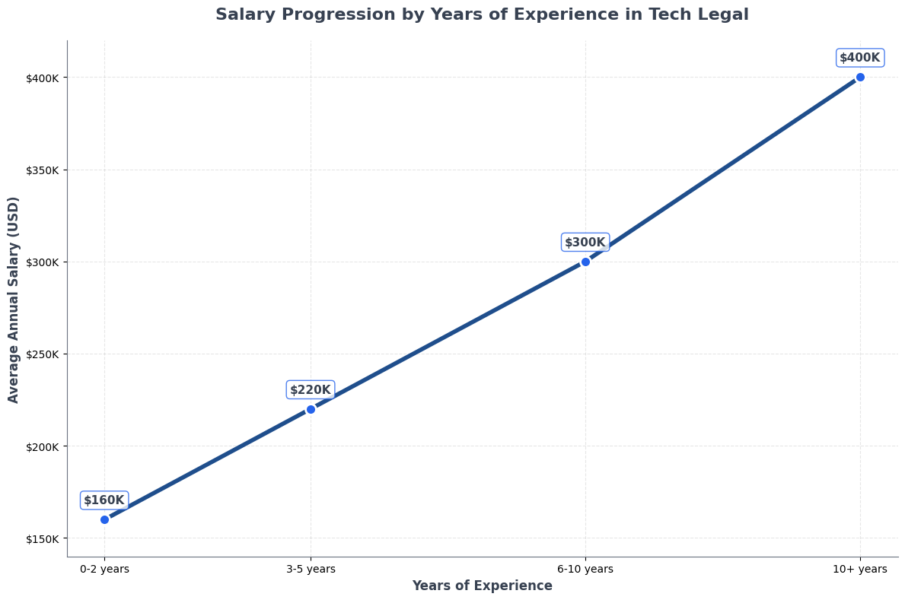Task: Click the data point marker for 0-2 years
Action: coord(104,519)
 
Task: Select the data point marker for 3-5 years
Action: coord(311,409)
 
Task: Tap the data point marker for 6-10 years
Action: coord(585,262)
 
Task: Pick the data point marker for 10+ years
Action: coord(860,77)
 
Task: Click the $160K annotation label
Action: coord(104,500)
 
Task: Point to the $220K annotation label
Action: coord(311,390)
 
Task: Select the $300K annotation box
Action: coord(585,243)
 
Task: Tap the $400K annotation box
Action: coord(860,58)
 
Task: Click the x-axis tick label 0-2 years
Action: coord(104,569)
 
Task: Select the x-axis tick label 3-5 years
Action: coord(311,569)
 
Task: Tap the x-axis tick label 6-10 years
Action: coord(585,569)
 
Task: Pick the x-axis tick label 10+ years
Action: coord(860,569)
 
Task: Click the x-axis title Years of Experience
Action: coord(483,586)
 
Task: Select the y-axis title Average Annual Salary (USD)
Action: coord(14,300)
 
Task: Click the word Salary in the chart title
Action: coord(244,15)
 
